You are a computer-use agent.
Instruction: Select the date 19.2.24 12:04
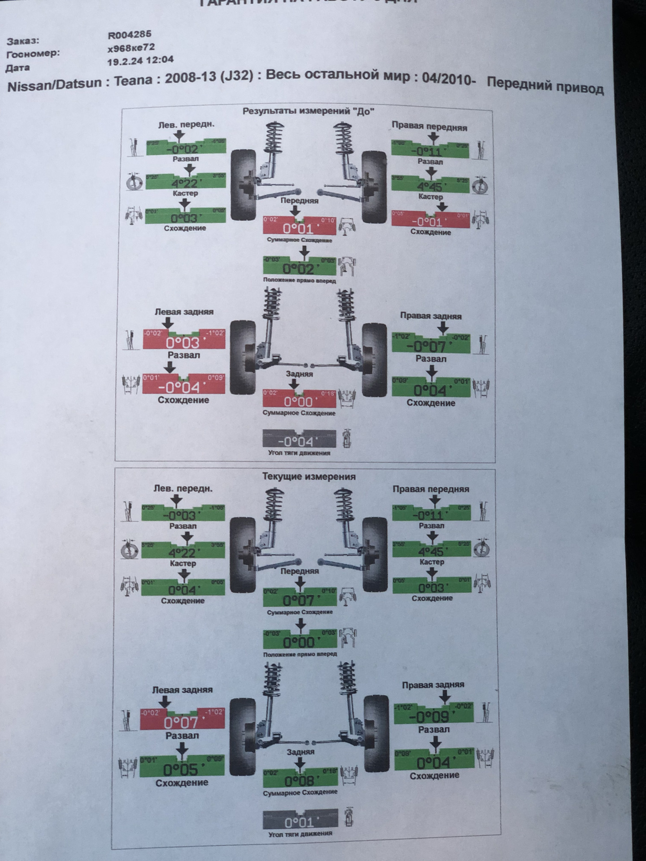click(140, 60)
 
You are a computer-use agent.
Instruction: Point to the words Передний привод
click(545, 85)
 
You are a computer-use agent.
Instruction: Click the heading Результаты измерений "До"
click(308, 111)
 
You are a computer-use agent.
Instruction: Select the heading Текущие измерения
click(309, 477)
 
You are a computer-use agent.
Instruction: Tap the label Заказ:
click(23, 41)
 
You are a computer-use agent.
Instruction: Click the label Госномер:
click(33, 54)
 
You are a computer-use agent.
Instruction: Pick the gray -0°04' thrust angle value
click(299, 442)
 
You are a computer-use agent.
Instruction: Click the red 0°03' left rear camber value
click(183, 344)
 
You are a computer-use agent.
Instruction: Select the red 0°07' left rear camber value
click(181, 722)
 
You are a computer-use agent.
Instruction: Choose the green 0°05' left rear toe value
click(181, 770)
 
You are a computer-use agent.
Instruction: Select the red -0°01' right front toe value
click(429, 222)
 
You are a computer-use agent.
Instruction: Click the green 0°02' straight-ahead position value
click(299, 269)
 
